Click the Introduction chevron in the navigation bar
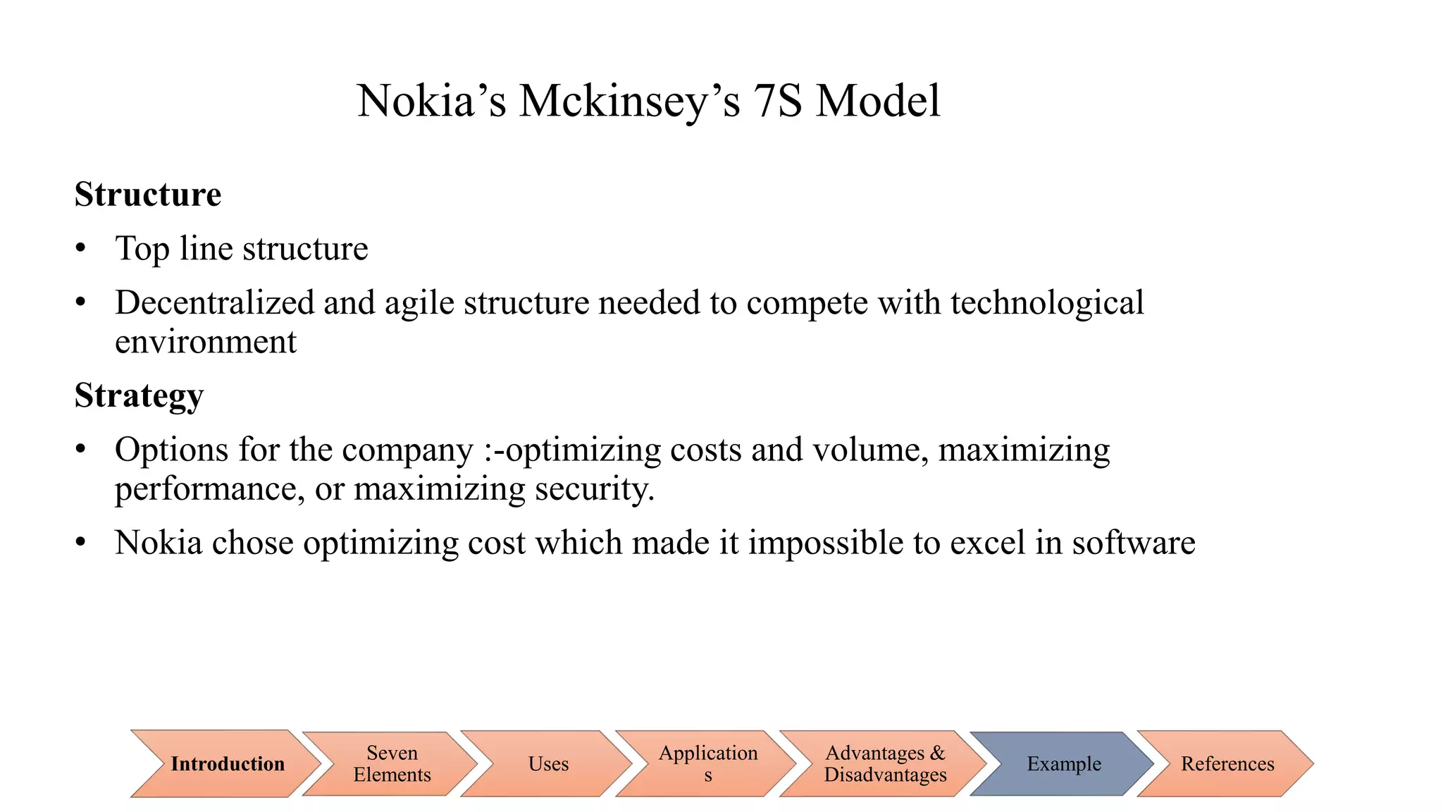pyautogui.click(x=227, y=764)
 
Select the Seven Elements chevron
pyautogui.click(x=392, y=764)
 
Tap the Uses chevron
pyautogui.click(x=548, y=764)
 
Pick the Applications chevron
pyautogui.click(x=707, y=764)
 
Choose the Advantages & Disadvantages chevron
pyautogui.click(x=885, y=764)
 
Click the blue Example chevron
pyautogui.click(x=1063, y=764)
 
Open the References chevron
pyautogui.click(x=1227, y=764)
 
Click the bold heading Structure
pyautogui.click(x=148, y=195)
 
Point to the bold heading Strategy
pyautogui.click(x=139, y=395)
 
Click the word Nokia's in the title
pyautogui.click(x=431, y=101)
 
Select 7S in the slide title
pyautogui.click(x=777, y=101)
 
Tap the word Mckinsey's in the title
pyautogui.click(x=629, y=101)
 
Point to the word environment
pyautogui.click(x=205, y=343)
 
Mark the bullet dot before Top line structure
pyautogui.click(x=81, y=249)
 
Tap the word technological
pyautogui.click(x=1047, y=303)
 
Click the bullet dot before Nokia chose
pyautogui.click(x=81, y=543)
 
